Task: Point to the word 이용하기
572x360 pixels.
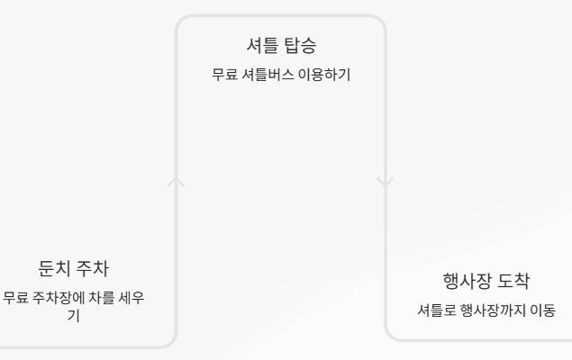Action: [x=324, y=76]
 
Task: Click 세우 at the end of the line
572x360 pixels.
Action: [x=138, y=298]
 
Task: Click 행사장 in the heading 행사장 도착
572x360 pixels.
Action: [x=467, y=283]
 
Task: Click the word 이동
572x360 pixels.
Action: [x=540, y=310]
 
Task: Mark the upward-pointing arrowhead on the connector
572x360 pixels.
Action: [x=177, y=183]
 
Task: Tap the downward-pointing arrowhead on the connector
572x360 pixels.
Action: [x=385, y=183]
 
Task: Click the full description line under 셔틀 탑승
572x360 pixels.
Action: [x=280, y=76]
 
